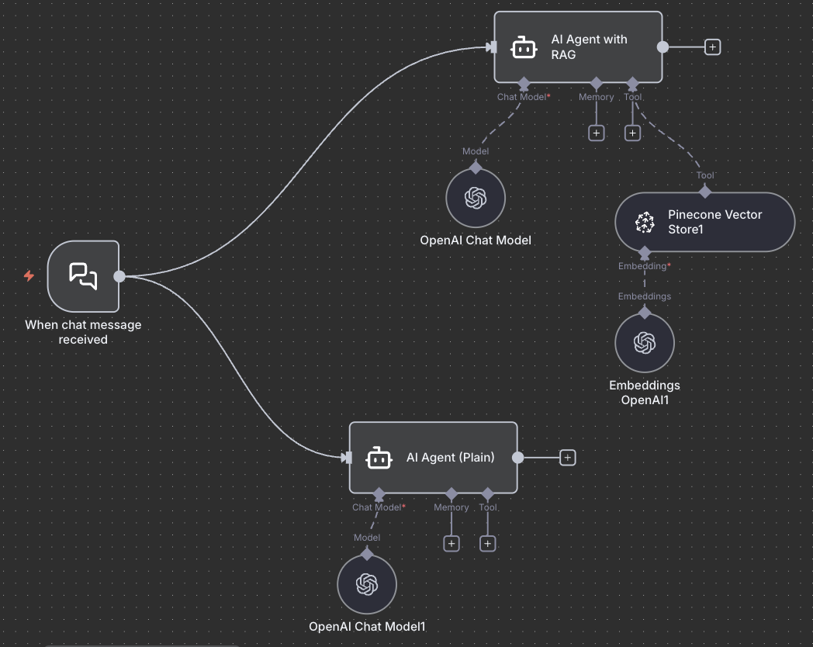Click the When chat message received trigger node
tap(83, 276)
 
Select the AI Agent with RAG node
tap(578, 47)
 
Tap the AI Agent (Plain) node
tap(433, 458)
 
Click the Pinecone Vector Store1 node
tap(704, 222)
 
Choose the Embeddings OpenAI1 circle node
tap(645, 342)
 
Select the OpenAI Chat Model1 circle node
tap(367, 584)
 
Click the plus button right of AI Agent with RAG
tap(713, 47)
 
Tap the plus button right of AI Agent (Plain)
tap(568, 458)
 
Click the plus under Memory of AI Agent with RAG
tap(596, 133)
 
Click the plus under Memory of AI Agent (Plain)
tap(451, 543)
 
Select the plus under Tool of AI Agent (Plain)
tap(487, 543)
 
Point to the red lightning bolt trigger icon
tap(29, 275)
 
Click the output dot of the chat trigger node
tap(119, 276)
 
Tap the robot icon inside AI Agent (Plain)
tap(379, 458)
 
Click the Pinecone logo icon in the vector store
tap(645, 223)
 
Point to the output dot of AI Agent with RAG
tap(663, 47)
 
